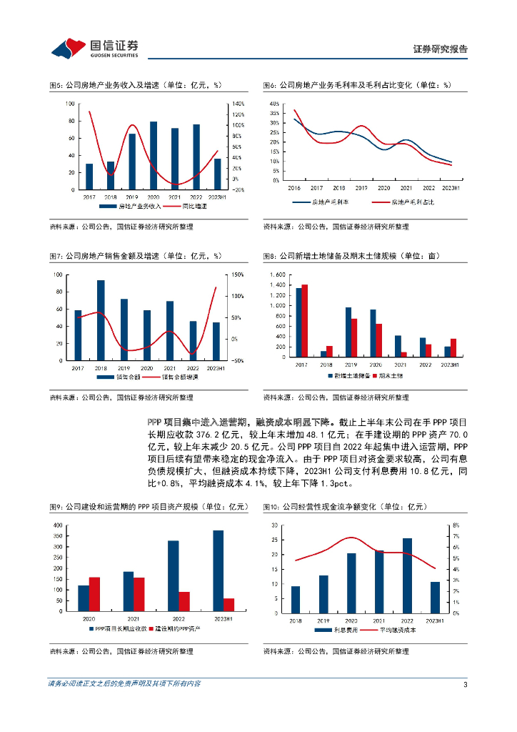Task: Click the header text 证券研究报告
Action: tap(441, 49)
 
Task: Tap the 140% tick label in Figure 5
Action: tap(237, 104)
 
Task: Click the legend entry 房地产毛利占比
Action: tap(412, 202)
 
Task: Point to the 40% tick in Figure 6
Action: tap(274, 104)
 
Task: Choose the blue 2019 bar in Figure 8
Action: tap(348, 332)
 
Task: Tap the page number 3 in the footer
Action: tap(465, 684)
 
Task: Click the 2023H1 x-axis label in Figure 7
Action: tap(216, 367)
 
